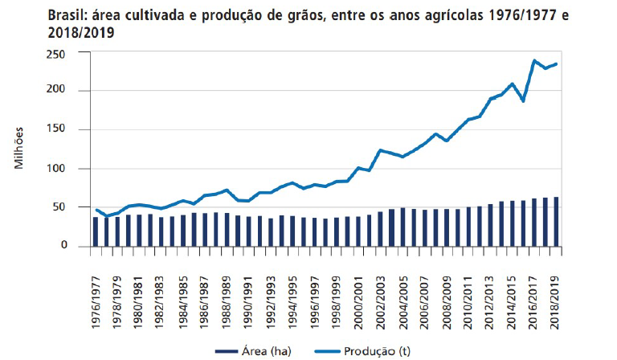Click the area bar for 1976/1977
[x=96, y=231]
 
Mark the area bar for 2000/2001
[x=359, y=231]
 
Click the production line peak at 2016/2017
[x=533, y=61]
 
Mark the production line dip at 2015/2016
[x=523, y=100]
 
